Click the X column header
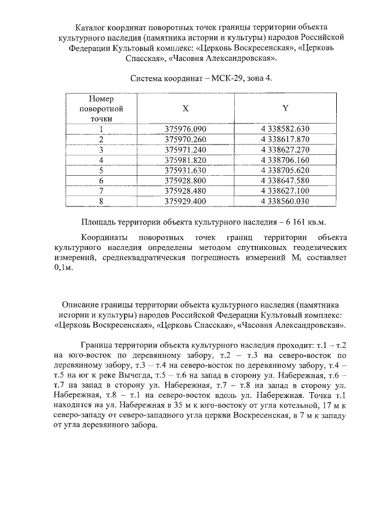coord(185,108)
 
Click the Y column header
coord(285,108)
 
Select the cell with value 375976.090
coord(185,129)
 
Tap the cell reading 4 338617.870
coord(286,139)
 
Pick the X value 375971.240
coord(185,150)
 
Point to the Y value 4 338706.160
coord(286,160)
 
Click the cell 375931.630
coord(185,171)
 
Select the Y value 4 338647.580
coord(286,181)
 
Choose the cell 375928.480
coord(185,191)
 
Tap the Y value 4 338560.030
coord(286,202)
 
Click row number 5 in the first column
coord(101,171)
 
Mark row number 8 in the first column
coord(101,202)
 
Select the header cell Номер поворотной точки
coord(101,108)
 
